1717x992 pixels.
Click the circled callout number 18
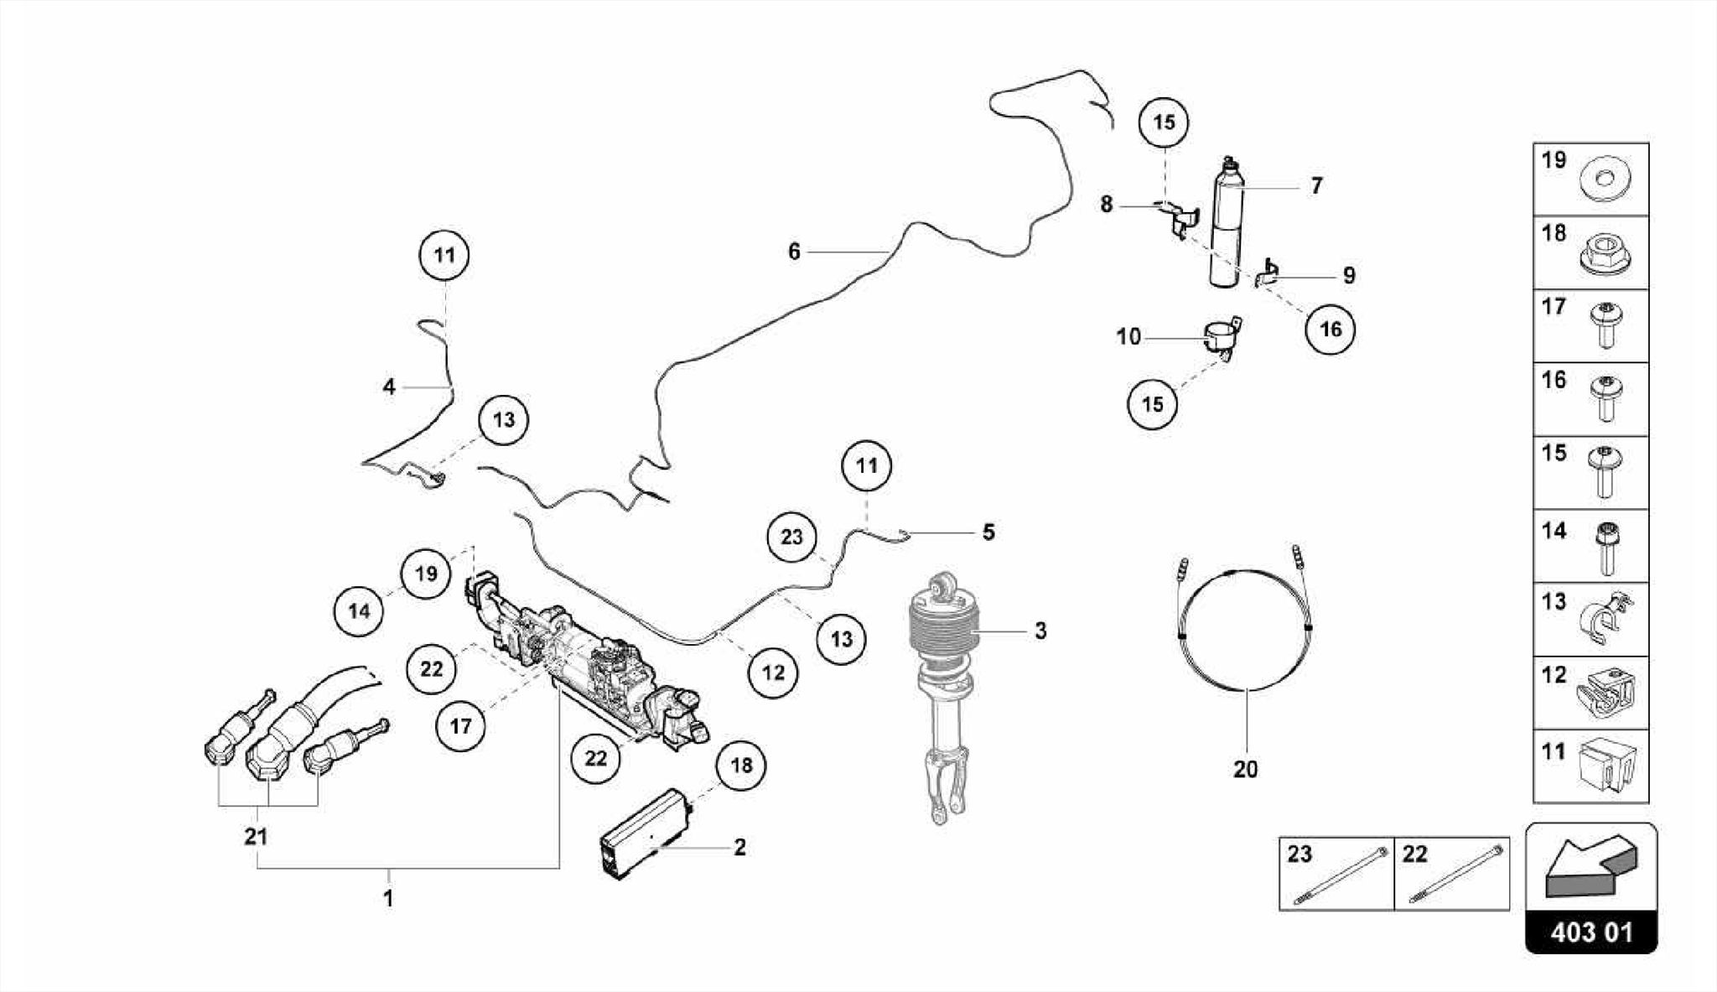[741, 765]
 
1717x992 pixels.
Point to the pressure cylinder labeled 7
[1226, 226]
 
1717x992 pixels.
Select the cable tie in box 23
[1340, 875]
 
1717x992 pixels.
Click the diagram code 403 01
[1590, 932]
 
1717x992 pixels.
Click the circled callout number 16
[1331, 329]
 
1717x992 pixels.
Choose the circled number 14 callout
[359, 610]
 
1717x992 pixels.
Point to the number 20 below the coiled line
[1245, 769]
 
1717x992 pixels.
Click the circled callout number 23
[791, 537]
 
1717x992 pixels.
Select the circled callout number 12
[773, 672]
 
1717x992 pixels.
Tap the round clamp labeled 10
[1222, 339]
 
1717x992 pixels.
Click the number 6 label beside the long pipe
[794, 252]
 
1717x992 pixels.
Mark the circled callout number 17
[460, 725]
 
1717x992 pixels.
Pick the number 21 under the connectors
[256, 836]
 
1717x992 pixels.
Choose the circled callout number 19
[426, 574]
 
